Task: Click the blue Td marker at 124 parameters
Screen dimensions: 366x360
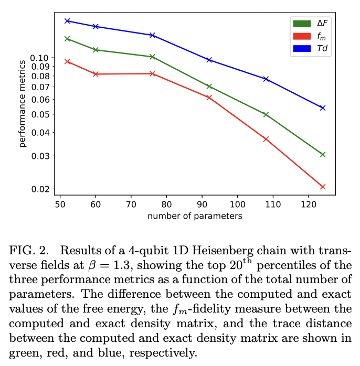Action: [x=323, y=107]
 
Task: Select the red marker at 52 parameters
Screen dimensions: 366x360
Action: [x=67, y=61]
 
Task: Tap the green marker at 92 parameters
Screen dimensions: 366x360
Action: [x=209, y=86]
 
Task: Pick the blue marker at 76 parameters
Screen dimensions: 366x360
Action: [x=152, y=35]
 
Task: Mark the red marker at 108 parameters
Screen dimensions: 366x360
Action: [x=266, y=139]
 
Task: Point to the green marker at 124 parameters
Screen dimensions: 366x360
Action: [x=323, y=154]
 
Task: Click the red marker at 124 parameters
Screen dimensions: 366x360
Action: [x=323, y=187]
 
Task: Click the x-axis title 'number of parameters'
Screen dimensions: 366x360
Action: [x=195, y=216]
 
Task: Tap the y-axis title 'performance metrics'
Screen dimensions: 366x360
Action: [x=23, y=104]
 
